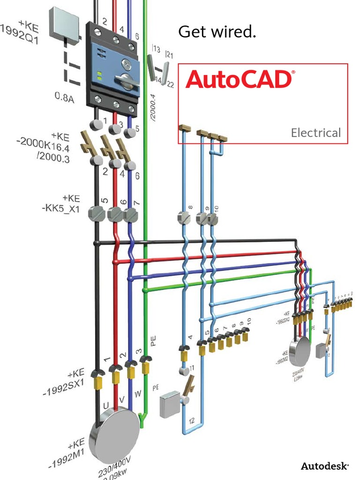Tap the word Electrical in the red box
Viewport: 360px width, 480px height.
[x=315, y=133]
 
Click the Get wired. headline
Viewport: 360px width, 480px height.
[x=217, y=32]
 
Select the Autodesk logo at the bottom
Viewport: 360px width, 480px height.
[x=324, y=466]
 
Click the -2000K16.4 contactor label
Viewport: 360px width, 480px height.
[x=45, y=146]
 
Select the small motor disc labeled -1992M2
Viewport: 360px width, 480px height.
[x=299, y=351]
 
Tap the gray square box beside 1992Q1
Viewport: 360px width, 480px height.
[x=64, y=22]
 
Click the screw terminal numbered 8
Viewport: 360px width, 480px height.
[x=183, y=218]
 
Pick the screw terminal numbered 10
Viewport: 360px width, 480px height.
[x=213, y=218]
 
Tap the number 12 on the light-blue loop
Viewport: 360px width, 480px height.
[x=191, y=420]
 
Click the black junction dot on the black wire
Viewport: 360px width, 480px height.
[x=96, y=243]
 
